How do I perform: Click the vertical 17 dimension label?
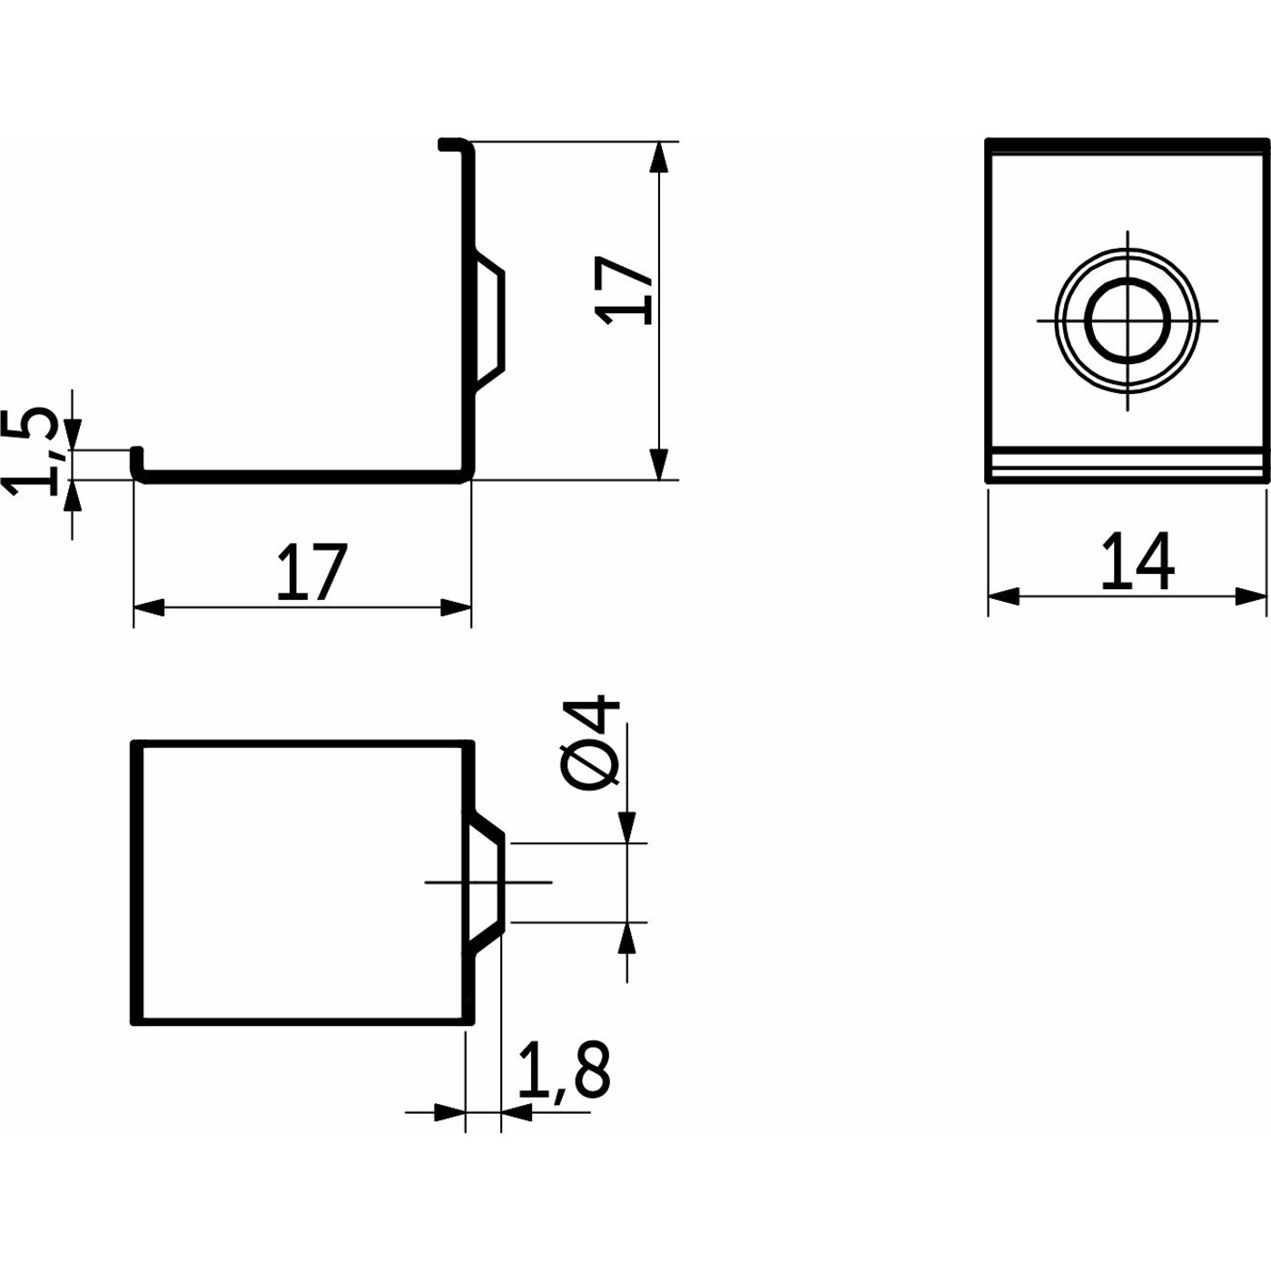pyautogui.click(x=624, y=291)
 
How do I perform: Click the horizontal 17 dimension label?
pyautogui.click(x=312, y=573)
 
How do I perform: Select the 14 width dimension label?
pyautogui.click(x=1138, y=561)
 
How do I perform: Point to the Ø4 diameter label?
pyautogui.click(x=592, y=741)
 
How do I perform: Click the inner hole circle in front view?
pyautogui.click(x=1128, y=320)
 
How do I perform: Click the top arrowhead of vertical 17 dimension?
pyautogui.click(x=658, y=158)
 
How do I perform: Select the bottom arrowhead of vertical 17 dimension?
pyautogui.click(x=658, y=464)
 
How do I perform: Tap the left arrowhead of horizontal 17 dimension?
pyautogui.click(x=149, y=607)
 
